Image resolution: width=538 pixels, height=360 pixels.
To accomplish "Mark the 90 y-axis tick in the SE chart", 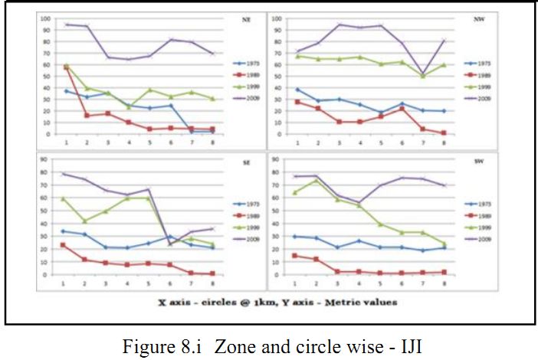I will coord(48,159).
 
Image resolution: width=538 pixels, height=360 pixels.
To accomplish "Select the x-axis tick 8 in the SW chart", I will coord(444,283).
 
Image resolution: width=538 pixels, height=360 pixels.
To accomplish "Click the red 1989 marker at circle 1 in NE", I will coord(67,67).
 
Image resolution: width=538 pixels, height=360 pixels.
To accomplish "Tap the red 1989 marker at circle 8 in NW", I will coord(444,133).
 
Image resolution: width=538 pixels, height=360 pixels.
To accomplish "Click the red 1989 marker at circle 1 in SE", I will coord(67,245).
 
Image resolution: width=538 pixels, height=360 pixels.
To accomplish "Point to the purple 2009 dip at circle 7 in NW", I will coord(422,74).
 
